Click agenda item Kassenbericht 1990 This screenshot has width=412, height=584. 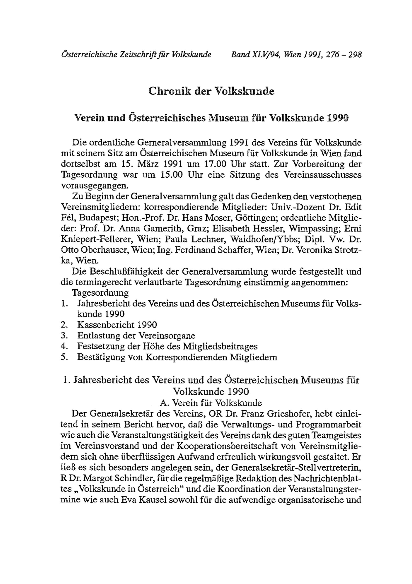[x=117, y=325]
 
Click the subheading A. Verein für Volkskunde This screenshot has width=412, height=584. [x=211, y=403]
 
